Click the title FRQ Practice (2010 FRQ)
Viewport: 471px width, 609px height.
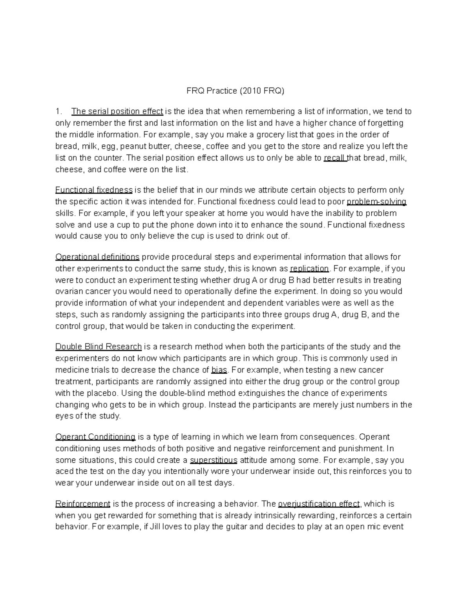235,91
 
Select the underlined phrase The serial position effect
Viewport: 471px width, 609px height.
117,111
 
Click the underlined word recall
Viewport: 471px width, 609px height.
335,158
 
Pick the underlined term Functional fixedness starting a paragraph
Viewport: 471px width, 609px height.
94,190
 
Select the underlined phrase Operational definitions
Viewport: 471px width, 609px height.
97,257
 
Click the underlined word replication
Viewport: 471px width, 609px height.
309,269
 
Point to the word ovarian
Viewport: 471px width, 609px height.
69,291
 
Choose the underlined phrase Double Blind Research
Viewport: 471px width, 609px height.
99,347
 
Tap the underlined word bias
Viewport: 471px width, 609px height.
219,370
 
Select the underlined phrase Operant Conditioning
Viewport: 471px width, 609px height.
95,437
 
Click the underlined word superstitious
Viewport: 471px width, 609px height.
214,460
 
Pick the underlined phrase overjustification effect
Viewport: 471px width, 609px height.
318,504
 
